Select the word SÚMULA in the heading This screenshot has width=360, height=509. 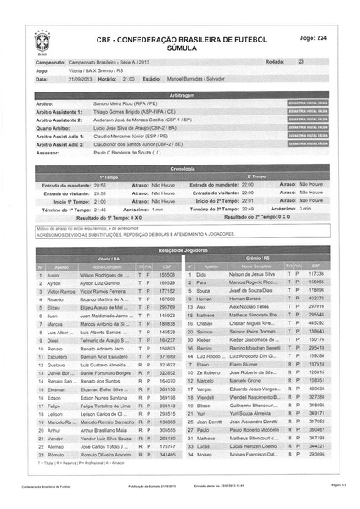[x=181, y=48]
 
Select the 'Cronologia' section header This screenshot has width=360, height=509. [x=181, y=168]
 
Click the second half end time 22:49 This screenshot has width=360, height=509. [x=248, y=208]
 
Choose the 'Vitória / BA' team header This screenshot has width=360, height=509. [x=107, y=255]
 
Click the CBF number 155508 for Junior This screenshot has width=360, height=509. [x=167, y=275]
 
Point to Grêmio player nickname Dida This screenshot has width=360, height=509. [x=201, y=275]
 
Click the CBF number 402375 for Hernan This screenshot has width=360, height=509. [x=317, y=299]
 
